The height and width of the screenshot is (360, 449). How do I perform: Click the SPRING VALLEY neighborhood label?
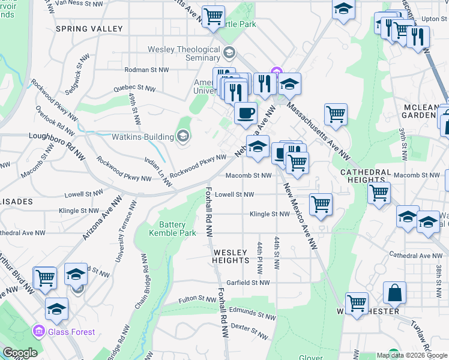pos(89,28)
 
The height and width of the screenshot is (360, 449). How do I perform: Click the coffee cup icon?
pos(245,113)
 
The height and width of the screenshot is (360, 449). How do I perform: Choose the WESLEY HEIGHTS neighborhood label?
pos(231,256)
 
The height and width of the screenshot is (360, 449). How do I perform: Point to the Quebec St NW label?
pos(134,88)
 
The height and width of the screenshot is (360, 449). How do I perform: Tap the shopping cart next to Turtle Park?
pos(213,17)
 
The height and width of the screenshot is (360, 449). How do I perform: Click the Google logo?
pos(20,352)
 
